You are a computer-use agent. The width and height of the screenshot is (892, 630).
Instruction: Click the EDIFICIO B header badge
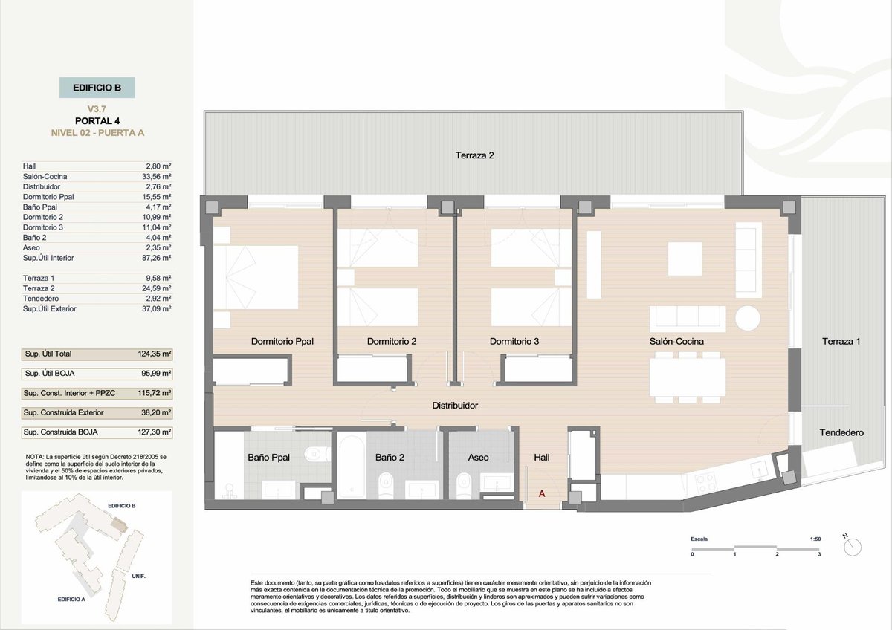pos(97,88)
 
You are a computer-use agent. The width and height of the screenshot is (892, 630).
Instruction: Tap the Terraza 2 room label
pos(474,155)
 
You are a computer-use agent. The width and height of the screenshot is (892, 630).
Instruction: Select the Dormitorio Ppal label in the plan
pos(282,341)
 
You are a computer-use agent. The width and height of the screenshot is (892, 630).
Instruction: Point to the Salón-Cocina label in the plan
pos(676,341)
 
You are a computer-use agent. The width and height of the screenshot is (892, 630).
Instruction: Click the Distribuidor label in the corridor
pos(455,405)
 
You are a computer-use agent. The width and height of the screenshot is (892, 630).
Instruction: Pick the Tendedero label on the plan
pos(841,432)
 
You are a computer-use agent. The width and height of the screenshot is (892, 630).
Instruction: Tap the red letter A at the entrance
pos(542,493)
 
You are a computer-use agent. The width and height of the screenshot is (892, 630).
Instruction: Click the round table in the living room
pos(748,318)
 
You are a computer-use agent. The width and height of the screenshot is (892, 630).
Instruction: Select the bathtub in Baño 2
pos(352,465)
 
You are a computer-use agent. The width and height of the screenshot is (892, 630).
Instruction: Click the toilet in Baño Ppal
pos(317,453)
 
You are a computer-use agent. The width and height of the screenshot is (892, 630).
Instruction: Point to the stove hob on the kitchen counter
pos(706,483)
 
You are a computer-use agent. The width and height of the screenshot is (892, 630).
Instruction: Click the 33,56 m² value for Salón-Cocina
pos(157,176)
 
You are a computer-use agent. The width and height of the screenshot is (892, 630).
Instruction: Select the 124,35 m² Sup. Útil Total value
pos(155,354)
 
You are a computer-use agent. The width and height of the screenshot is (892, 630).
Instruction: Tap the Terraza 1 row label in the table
pos(39,278)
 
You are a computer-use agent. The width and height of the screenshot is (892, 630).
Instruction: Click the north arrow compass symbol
pos(852,545)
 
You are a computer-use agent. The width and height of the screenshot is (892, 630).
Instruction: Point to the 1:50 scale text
pos(815,539)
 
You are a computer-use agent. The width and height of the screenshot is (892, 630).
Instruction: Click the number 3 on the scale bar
pos(819,554)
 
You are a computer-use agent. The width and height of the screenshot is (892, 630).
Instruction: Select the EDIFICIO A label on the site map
pos(71,599)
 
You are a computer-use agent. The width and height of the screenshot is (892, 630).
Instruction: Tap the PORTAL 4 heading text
pos(97,120)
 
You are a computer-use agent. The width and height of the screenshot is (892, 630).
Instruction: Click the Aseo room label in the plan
pos(478,458)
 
